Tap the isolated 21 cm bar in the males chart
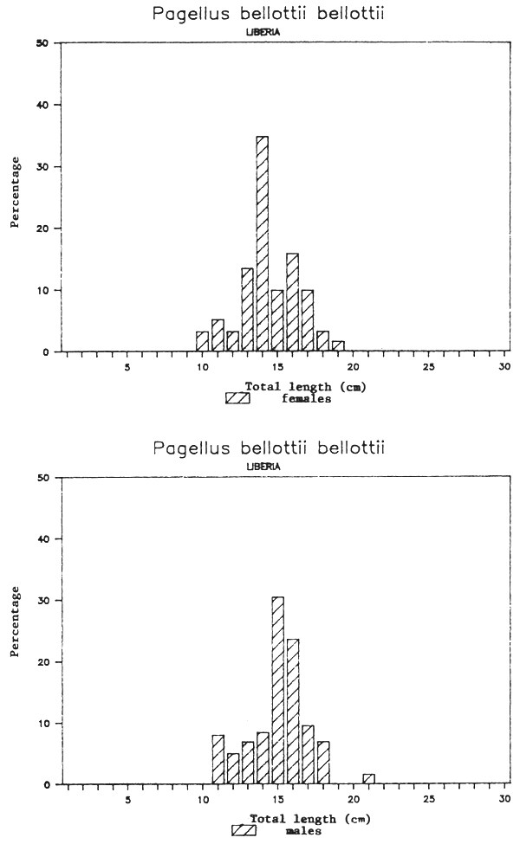point(369,779)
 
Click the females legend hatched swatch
point(237,399)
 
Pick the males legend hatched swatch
point(244,831)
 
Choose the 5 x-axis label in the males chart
point(127,799)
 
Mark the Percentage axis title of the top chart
point(16,197)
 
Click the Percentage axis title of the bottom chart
point(16,621)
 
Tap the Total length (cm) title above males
point(299,818)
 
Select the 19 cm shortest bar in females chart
point(338,346)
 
